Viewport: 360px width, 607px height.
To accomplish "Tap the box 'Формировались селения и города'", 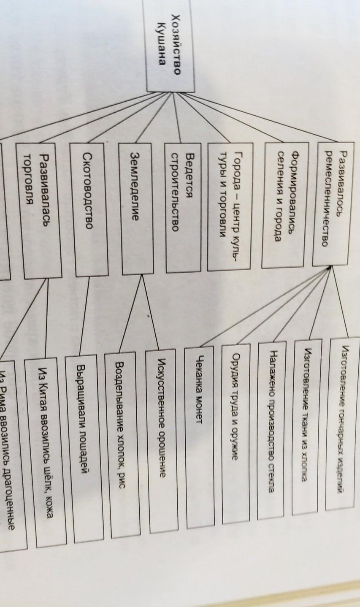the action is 285,204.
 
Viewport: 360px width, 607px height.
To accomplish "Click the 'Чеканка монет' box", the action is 200,435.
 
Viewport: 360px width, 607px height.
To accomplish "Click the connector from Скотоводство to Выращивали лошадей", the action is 84,317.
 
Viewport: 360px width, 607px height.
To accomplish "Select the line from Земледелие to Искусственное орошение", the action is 151,312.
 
